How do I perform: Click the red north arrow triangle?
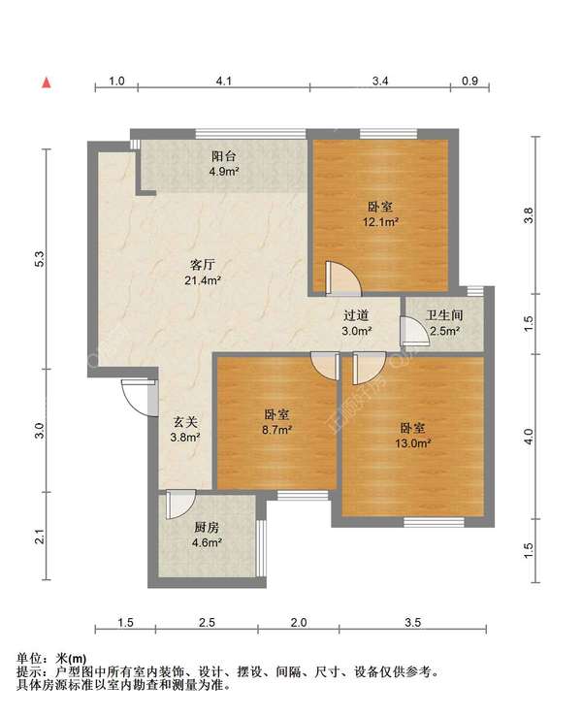47,82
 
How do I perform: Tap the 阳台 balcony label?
223,156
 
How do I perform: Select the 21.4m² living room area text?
203,279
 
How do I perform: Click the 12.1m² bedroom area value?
380,222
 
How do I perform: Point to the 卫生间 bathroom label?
444,315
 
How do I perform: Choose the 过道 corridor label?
356,315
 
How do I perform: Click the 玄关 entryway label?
185,422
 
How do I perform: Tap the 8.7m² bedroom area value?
277,430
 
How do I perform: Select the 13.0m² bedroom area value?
413,443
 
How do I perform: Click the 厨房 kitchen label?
207,527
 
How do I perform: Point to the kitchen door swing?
181,505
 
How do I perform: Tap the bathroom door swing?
415,331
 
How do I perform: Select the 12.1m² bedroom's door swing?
343,277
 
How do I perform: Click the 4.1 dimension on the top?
223,81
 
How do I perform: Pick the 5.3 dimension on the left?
40,259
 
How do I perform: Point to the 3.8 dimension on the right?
528,215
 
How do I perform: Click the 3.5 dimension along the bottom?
412,622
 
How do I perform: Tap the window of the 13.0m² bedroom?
434,522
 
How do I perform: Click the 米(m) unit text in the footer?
71,659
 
